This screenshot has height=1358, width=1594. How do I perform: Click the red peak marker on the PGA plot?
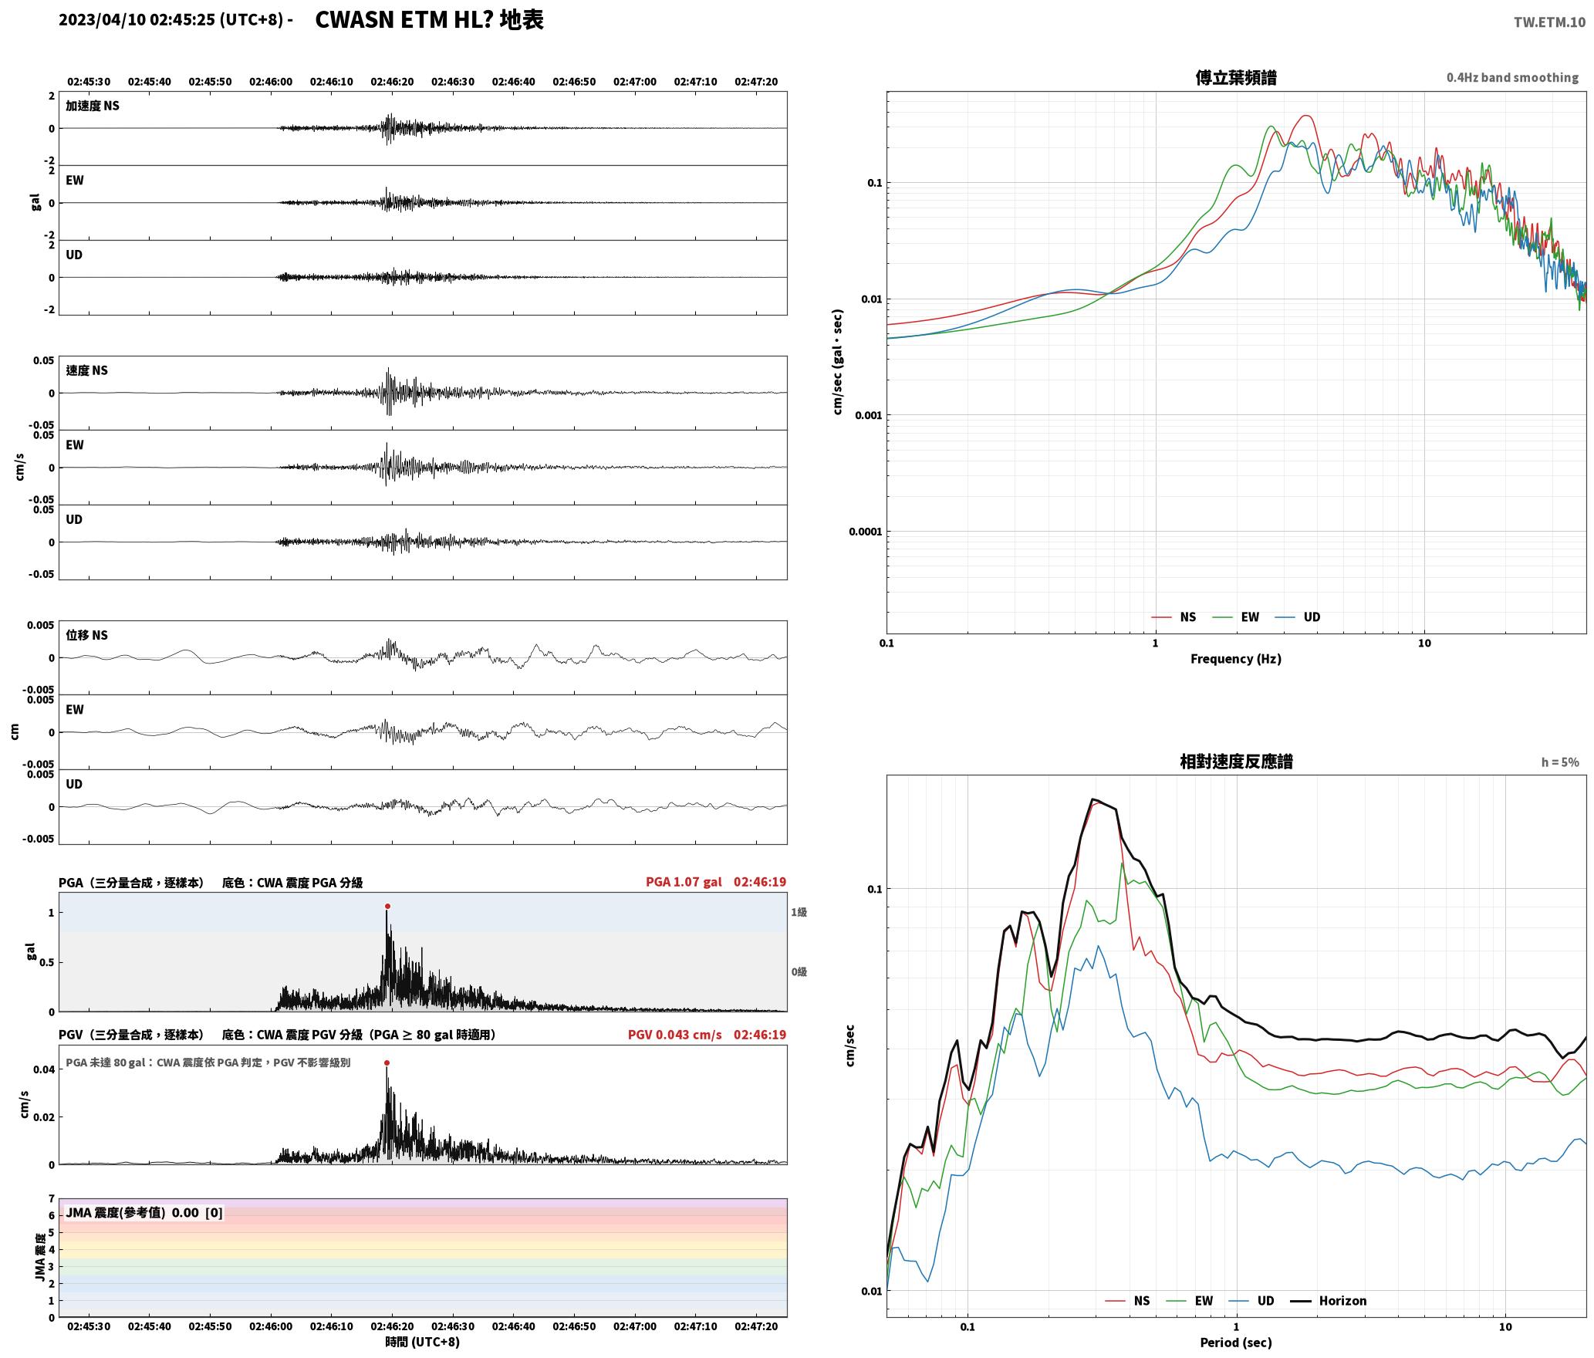click(x=387, y=906)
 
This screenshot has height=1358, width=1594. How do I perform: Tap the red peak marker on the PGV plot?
click(x=387, y=1062)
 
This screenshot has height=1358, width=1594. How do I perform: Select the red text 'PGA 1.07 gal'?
click(x=684, y=881)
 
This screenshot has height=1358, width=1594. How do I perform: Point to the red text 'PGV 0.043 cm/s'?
click(x=675, y=1034)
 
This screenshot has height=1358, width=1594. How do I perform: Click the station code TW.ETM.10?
click(x=1549, y=22)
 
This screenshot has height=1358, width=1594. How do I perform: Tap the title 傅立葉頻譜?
click(x=1235, y=77)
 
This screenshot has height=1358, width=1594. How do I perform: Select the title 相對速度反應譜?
click(x=1236, y=761)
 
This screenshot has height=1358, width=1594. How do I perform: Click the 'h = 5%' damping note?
click(x=1559, y=762)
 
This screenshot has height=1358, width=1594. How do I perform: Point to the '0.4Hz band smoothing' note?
click(x=1512, y=77)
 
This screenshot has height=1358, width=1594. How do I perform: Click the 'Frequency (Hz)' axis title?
click(x=1235, y=658)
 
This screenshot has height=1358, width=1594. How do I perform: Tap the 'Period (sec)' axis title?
click(x=1235, y=1342)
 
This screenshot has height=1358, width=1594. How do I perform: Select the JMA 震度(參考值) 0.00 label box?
click(x=144, y=1212)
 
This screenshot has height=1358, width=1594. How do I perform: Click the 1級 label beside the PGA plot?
click(x=799, y=912)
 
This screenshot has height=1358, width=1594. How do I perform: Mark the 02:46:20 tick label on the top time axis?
click(x=392, y=81)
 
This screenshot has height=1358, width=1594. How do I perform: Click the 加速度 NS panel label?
click(x=93, y=106)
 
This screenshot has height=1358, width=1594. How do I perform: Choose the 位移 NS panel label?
click(x=86, y=635)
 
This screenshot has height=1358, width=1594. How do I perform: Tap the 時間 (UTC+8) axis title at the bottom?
click(x=423, y=1342)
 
